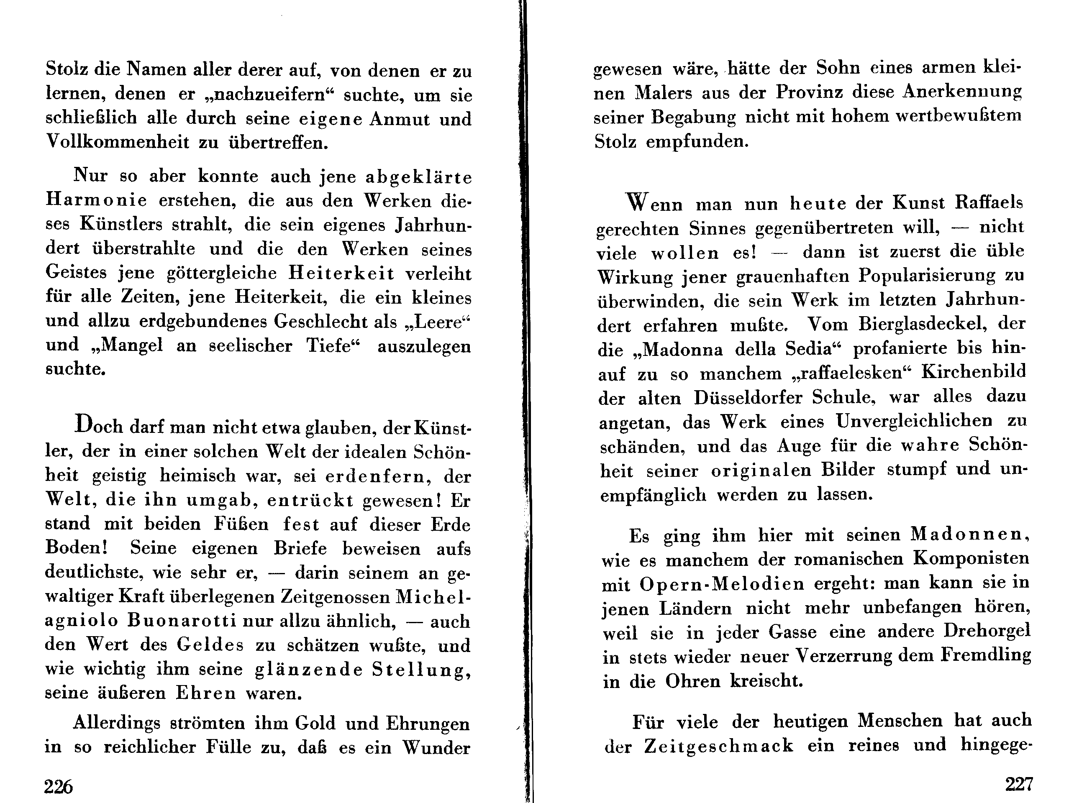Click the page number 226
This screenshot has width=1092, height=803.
[58, 785]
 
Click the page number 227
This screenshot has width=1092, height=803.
[1019, 784]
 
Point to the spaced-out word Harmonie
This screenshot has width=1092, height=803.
[96, 200]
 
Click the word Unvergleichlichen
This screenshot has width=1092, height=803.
[914, 421]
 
